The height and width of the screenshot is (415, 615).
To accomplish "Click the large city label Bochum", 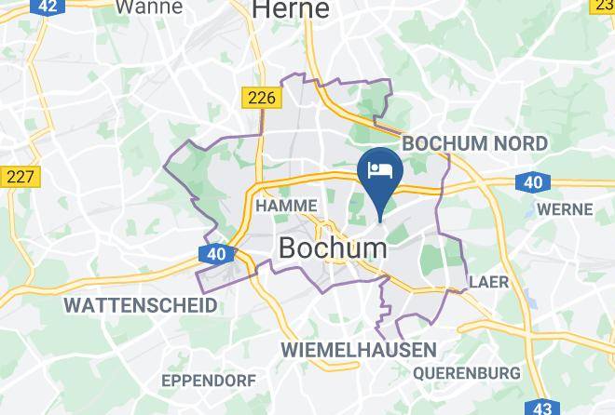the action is [333, 248].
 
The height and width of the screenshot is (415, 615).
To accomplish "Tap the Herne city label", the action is [292, 9].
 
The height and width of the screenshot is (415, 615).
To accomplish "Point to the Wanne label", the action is [148, 7].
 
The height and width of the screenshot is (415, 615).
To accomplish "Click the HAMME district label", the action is [286, 206].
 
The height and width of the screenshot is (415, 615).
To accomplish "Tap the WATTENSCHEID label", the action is [140, 304].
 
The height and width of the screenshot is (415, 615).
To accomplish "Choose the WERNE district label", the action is [565, 209].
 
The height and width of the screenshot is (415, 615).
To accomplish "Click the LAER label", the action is [488, 281].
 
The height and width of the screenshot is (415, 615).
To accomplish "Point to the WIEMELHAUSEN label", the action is [359, 350].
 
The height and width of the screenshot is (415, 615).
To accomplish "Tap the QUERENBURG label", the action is [466, 372].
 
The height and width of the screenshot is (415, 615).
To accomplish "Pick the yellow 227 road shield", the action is [19, 176].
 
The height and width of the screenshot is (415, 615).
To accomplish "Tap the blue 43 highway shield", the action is [540, 408].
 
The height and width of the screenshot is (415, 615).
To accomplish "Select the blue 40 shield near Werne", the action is [533, 182].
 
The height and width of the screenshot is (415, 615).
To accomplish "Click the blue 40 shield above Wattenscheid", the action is [216, 254].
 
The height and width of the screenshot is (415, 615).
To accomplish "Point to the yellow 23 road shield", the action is [604, 5].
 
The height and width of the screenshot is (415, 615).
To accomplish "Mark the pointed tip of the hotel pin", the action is [380, 219].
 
